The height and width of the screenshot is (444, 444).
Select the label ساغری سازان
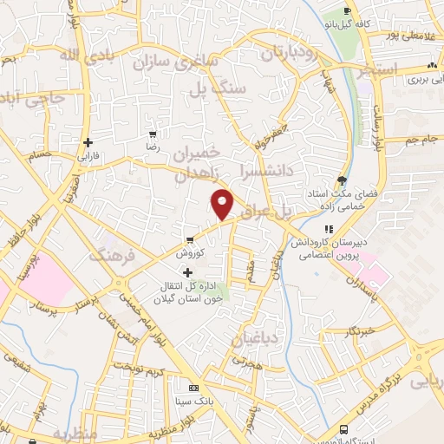(x=186, y=62)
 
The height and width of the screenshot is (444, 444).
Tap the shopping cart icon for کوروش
(x=189, y=240)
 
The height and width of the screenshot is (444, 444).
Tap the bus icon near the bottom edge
(x=345, y=430)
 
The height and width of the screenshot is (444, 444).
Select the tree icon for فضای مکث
(x=344, y=181)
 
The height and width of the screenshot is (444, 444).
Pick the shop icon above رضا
(x=153, y=134)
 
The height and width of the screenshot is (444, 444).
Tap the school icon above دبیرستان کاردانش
(x=328, y=226)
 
